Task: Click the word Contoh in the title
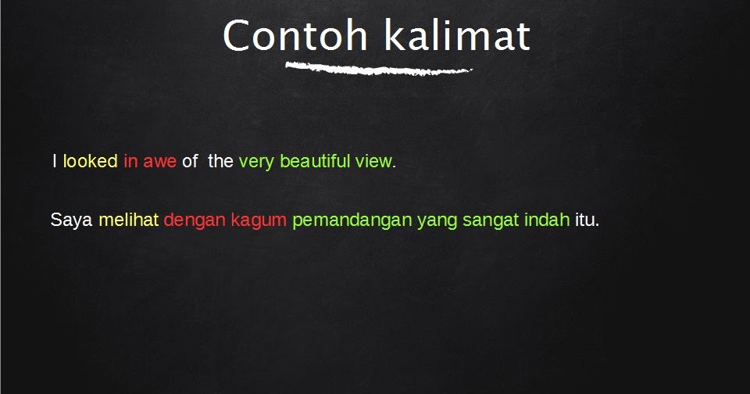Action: (x=295, y=35)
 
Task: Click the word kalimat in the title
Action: (x=458, y=35)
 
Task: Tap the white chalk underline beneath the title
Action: (x=379, y=69)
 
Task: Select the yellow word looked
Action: (x=91, y=161)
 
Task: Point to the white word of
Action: (x=190, y=161)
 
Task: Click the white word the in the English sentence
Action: (x=220, y=161)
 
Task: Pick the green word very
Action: (x=256, y=163)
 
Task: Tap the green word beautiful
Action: (x=315, y=161)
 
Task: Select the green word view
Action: (x=373, y=161)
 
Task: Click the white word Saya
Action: (x=71, y=220)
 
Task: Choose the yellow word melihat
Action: (x=129, y=220)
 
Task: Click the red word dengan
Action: (x=195, y=221)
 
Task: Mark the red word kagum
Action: (x=259, y=221)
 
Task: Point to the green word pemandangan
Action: (x=352, y=221)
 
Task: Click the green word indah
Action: (x=547, y=220)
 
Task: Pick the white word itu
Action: (x=585, y=220)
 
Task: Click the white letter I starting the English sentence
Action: (x=55, y=161)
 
